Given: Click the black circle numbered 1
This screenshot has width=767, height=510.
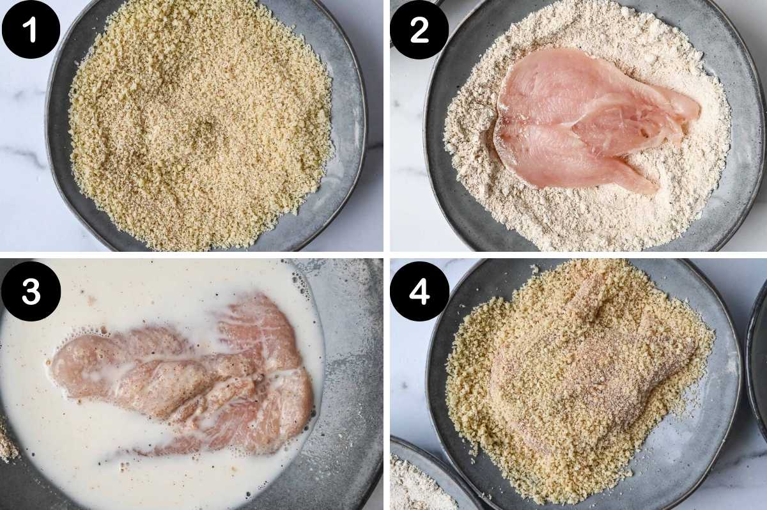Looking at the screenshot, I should [x=31, y=29].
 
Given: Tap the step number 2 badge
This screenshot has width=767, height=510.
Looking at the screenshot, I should [x=419, y=30].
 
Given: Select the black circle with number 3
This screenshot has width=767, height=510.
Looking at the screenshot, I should [x=31, y=291].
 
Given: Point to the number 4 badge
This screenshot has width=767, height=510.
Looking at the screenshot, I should [x=419, y=291].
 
